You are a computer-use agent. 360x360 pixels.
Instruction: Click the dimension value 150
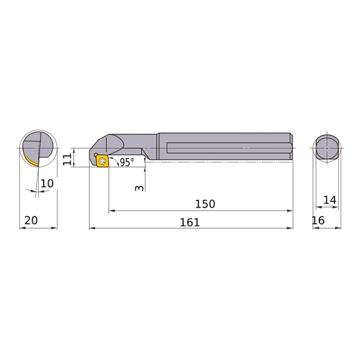205,204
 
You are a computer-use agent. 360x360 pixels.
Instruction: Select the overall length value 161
189,222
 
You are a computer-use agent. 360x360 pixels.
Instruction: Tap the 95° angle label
127,162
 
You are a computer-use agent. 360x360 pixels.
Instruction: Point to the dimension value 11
67,159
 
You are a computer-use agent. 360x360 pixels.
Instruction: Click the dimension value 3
139,188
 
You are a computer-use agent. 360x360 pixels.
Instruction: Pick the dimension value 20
31,221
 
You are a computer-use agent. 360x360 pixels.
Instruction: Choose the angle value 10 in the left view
47,184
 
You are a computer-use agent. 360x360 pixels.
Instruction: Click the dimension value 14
330,200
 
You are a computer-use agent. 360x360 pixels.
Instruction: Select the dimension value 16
318,221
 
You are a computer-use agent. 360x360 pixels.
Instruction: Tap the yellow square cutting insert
102,161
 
